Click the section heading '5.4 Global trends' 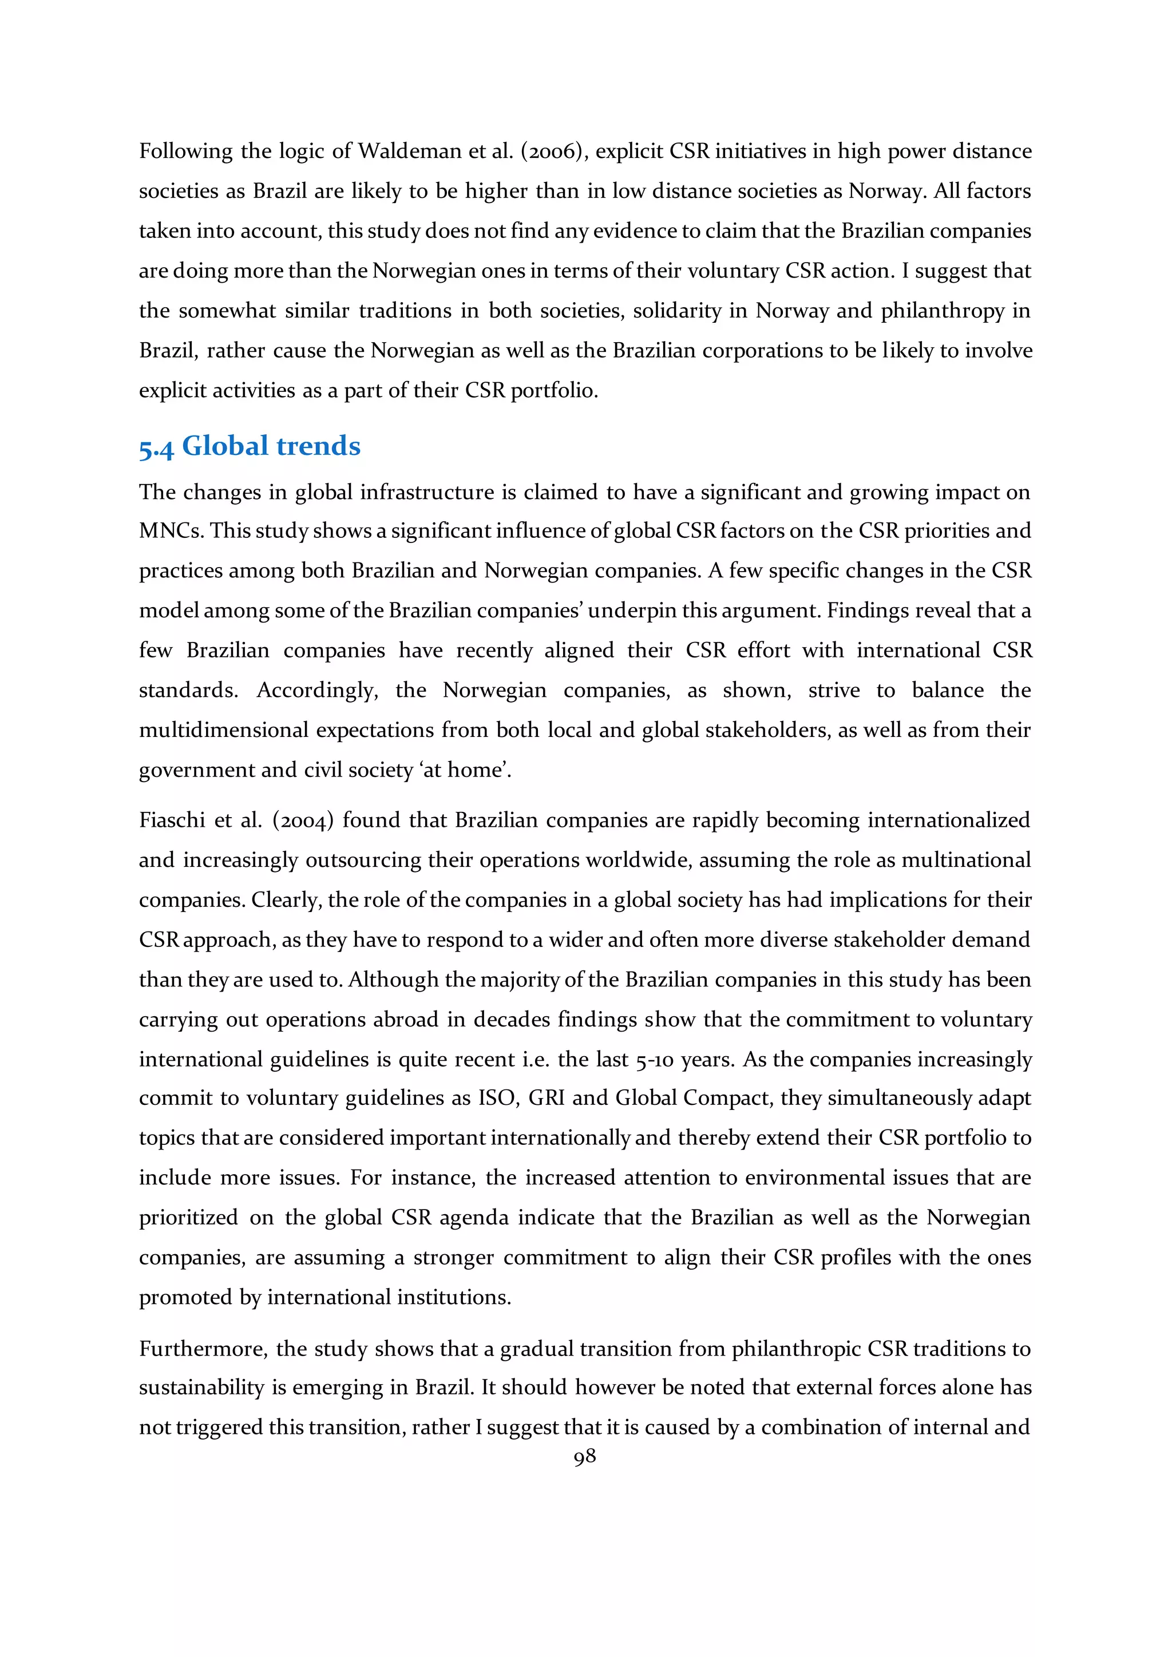[250, 446]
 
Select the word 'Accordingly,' [317, 690]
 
